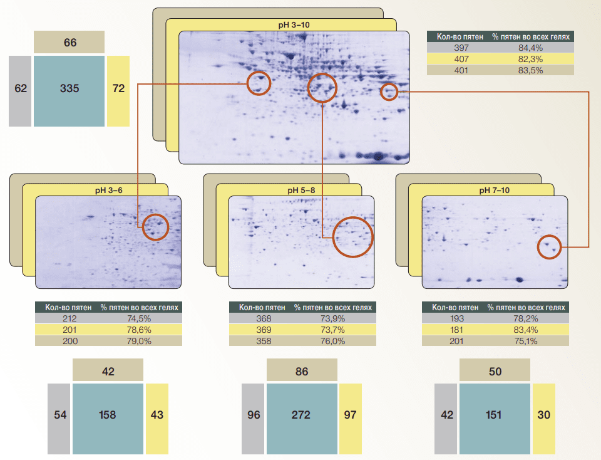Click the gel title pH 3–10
[294, 25]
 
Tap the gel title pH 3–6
[109, 191]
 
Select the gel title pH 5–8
[301, 191]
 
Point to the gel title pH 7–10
[495, 191]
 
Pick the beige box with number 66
[69, 42]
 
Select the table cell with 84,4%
[530, 48]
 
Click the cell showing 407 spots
[461, 59]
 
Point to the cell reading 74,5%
[139, 318]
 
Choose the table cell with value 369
[264, 330]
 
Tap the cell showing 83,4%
[525, 330]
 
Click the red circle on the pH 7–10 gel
[538, 247]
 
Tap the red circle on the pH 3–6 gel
[143, 227]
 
